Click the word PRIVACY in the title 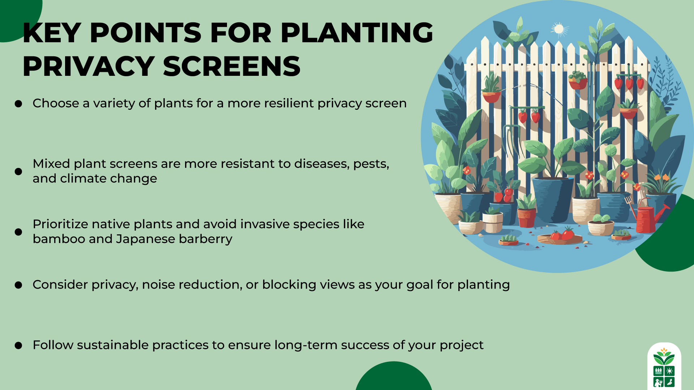(x=89, y=66)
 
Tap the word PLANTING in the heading (x=356, y=33)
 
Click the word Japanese (x=145, y=239)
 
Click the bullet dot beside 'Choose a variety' (x=18, y=104)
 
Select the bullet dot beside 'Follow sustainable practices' (x=18, y=346)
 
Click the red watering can (x=649, y=218)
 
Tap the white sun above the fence (x=559, y=29)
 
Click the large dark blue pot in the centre (x=552, y=199)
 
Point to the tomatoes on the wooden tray (x=562, y=235)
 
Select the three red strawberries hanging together (x=629, y=83)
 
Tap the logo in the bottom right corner (x=664, y=367)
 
